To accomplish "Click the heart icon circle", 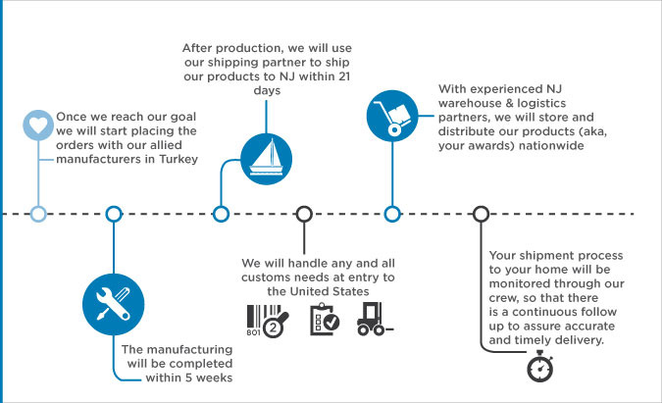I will [37, 126].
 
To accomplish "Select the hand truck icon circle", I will [391, 114].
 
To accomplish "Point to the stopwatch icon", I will [539, 366].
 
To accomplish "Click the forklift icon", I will [376, 319].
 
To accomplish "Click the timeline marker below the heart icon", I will [37, 214].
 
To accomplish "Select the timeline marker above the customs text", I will [304, 214].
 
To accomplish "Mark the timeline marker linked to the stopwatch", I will [481, 214].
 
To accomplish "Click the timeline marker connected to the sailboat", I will [222, 214].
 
